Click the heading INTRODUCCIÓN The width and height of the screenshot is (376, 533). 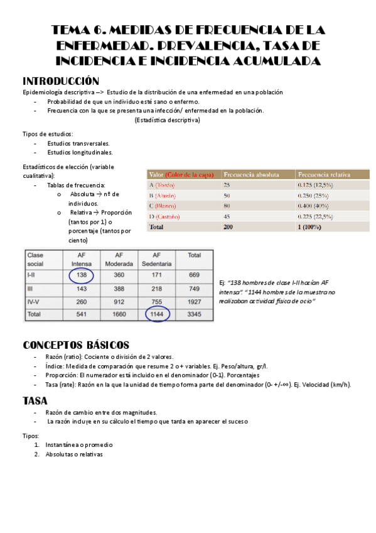(60, 81)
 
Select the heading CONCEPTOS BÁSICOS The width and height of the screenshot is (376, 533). (76, 345)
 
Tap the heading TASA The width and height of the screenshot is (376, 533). (35, 400)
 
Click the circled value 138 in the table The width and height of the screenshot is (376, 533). (81, 275)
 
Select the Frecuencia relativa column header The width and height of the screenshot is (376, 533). (325, 174)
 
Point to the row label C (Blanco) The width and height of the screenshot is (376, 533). (163, 206)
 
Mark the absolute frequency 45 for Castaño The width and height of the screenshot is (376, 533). (227, 216)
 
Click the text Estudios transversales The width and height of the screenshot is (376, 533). (78, 143)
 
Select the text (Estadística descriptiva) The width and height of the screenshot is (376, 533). (167, 120)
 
